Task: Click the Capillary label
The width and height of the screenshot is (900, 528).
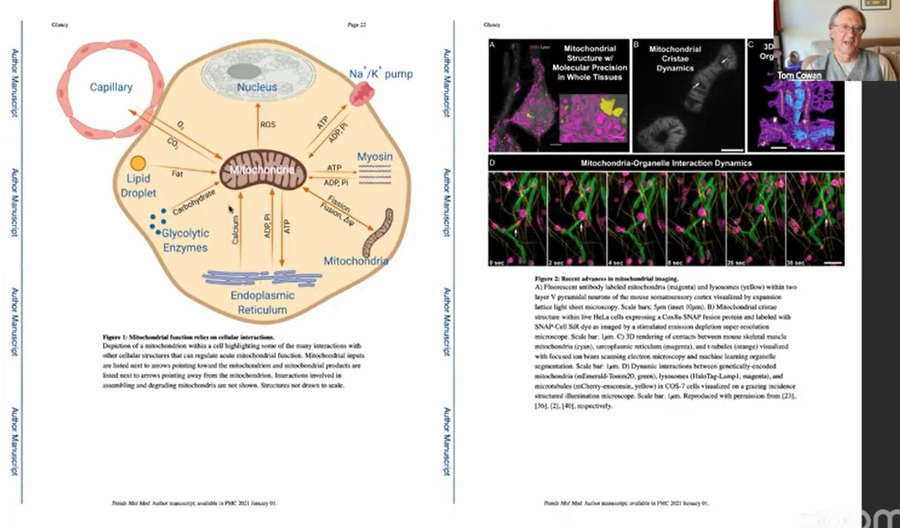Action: click(111, 87)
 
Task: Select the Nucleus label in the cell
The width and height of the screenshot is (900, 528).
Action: click(257, 87)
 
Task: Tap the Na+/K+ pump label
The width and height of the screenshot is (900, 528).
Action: click(381, 74)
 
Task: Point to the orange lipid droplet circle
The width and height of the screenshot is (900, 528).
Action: click(138, 163)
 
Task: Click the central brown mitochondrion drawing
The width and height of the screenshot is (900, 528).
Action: click(263, 170)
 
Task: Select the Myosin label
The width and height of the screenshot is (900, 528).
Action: click(375, 156)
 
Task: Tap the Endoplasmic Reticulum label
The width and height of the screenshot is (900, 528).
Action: click(262, 302)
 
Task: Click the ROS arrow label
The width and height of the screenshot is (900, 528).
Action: click(268, 124)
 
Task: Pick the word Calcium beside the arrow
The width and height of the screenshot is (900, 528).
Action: click(235, 230)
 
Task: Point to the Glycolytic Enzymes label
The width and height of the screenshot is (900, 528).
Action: click(185, 240)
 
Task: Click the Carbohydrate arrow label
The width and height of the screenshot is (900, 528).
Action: click(194, 202)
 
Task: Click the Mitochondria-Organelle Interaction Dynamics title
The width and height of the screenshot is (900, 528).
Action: click(666, 163)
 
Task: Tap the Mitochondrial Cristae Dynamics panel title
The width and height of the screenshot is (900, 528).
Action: click(675, 58)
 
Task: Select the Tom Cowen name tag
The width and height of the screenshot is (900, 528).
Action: click(799, 75)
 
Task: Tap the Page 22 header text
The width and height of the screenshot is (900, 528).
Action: click(356, 25)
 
